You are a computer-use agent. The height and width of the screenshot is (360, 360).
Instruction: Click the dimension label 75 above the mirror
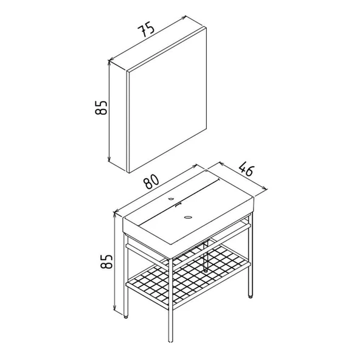[x=146, y=29]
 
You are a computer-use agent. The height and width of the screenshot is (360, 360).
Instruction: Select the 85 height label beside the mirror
[x=101, y=108]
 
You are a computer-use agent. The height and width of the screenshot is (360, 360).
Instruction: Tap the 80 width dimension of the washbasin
[x=151, y=181]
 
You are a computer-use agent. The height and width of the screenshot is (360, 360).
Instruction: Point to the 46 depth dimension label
[x=246, y=169]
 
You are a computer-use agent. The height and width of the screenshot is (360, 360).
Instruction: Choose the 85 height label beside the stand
[x=106, y=261]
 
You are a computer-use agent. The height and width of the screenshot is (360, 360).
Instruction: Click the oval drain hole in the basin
[x=189, y=216]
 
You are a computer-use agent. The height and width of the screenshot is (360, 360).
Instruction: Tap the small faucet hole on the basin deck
[x=171, y=199]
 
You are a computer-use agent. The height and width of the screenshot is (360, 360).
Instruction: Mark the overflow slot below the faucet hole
[x=178, y=205]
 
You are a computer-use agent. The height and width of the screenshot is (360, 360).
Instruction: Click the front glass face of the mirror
[x=168, y=100]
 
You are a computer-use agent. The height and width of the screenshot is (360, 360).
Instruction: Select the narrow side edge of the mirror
[x=128, y=122]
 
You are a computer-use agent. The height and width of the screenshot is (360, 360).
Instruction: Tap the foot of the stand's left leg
[x=126, y=316]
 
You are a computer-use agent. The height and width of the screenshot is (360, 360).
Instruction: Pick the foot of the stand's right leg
[x=251, y=296]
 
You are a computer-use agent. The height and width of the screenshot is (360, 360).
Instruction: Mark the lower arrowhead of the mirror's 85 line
[x=109, y=159]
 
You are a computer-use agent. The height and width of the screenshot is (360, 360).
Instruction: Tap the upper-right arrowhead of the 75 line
[x=183, y=18]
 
